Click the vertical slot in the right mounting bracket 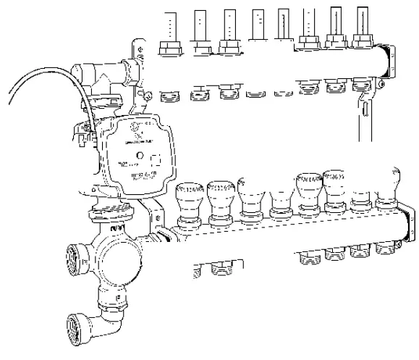click(366, 112)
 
